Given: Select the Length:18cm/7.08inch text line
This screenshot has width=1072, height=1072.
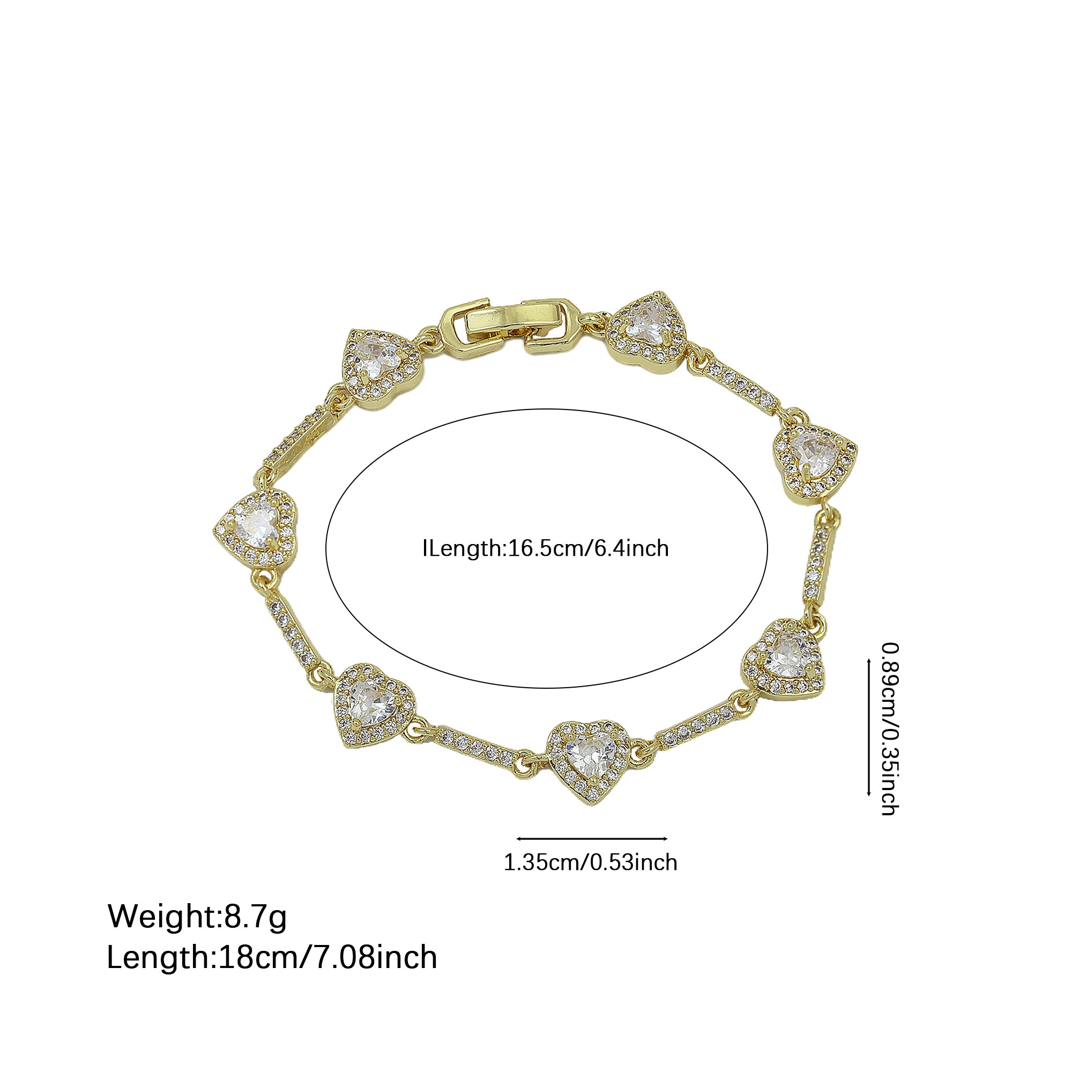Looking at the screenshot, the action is (x=272, y=958).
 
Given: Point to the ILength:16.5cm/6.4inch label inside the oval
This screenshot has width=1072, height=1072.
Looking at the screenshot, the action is (x=546, y=549).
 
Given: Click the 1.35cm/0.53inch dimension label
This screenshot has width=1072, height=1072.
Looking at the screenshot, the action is (x=590, y=863).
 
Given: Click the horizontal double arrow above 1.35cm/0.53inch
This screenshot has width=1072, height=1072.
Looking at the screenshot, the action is (x=592, y=839).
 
